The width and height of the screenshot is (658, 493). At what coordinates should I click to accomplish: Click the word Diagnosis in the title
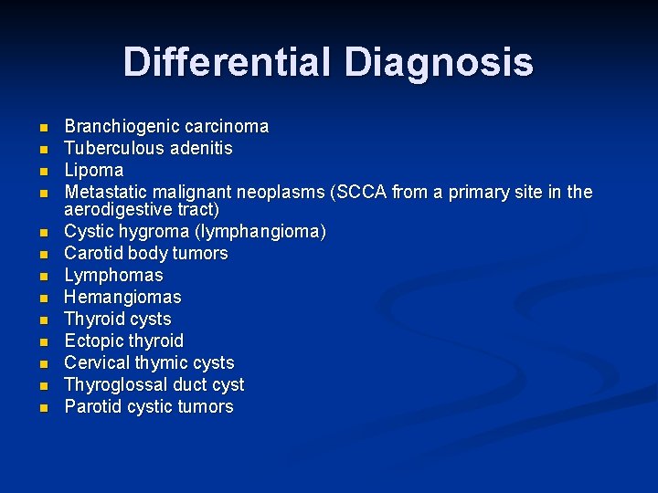(439, 62)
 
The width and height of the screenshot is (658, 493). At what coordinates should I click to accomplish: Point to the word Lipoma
(93, 170)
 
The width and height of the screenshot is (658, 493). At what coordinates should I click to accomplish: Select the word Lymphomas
(113, 275)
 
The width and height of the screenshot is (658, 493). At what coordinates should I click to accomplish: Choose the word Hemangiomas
(122, 297)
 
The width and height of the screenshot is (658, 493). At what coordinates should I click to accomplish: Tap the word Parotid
(91, 406)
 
